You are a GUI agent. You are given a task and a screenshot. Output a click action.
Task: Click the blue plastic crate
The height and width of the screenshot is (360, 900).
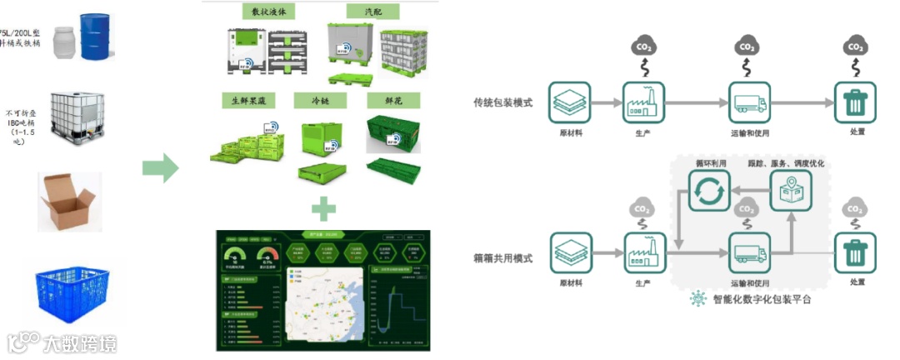point(71,292)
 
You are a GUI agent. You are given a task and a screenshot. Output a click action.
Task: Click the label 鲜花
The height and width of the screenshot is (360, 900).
point(394,101)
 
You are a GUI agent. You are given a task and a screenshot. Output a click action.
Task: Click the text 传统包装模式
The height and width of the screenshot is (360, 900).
point(503,102)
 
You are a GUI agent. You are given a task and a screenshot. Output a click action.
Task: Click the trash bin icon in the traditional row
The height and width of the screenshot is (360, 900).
point(855,102)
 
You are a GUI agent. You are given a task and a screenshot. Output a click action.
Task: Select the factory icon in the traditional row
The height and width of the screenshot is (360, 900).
point(644,102)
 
